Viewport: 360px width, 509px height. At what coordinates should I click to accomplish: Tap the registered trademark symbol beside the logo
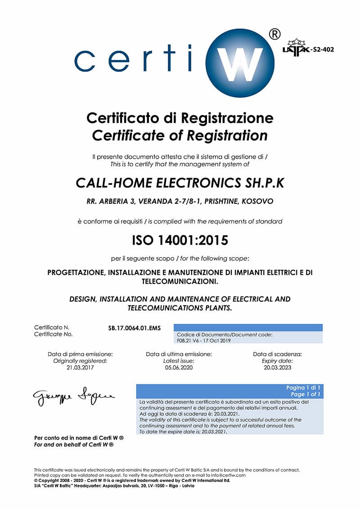point(274,34)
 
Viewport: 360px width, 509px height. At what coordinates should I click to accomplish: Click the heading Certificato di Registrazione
point(180,118)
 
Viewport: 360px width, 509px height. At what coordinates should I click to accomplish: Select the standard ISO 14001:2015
point(180,240)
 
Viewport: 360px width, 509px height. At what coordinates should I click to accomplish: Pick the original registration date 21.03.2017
point(80,367)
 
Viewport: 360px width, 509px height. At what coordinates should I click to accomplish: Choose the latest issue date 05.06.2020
point(179,367)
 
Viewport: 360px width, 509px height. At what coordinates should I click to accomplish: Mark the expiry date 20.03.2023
point(278,367)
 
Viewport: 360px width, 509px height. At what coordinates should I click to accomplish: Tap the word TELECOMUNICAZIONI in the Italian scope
point(180,281)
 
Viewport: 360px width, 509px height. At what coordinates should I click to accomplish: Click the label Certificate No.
point(53,334)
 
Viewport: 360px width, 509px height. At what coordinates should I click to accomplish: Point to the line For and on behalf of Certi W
point(74,444)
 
